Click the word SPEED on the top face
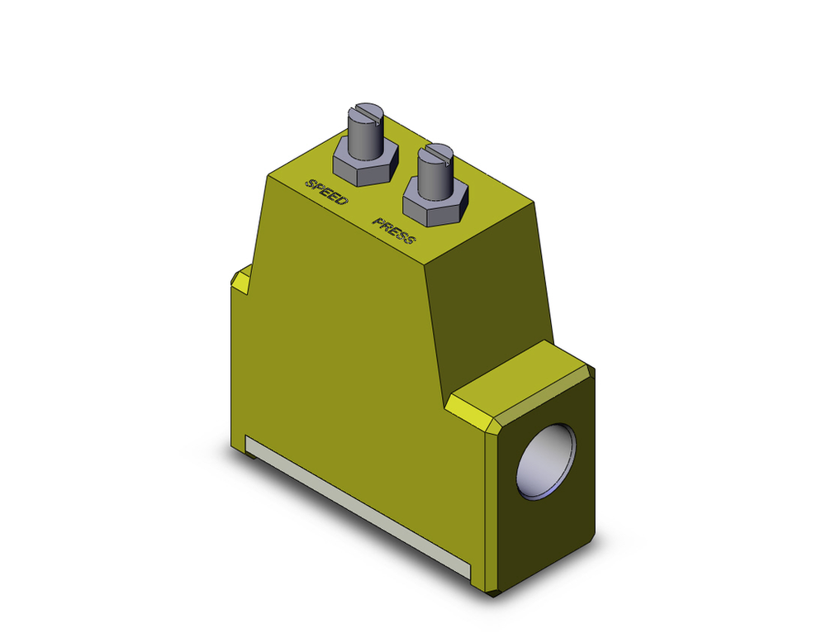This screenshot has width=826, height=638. [326, 192]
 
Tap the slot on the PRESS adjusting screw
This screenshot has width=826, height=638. [435, 152]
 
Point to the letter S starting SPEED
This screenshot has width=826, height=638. [311, 183]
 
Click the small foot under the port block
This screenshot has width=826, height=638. [493, 592]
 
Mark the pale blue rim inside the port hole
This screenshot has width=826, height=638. [529, 488]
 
